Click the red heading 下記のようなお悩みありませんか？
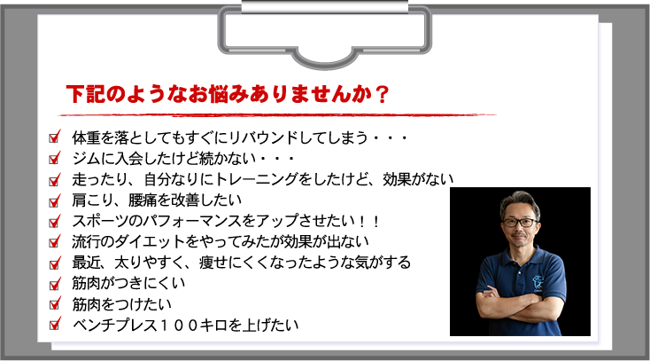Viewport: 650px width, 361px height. coord(228,95)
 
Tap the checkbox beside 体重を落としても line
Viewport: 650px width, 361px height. coord(54,137)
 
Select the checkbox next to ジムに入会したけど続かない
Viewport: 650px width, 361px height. coord(54,158)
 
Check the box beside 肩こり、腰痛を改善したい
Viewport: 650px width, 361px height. coord(54,200)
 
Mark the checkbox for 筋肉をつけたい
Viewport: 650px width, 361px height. coord(54,303)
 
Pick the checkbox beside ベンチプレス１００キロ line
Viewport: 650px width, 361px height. coord(54,324)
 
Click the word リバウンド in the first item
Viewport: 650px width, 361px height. coord(263,137)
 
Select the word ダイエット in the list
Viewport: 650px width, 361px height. coord(149,242)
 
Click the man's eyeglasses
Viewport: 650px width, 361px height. coord(520,223)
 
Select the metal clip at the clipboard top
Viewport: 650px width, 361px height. coord(325,33)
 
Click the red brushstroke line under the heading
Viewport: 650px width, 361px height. coord(277,114)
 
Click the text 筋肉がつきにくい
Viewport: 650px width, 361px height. coord(128,283)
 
